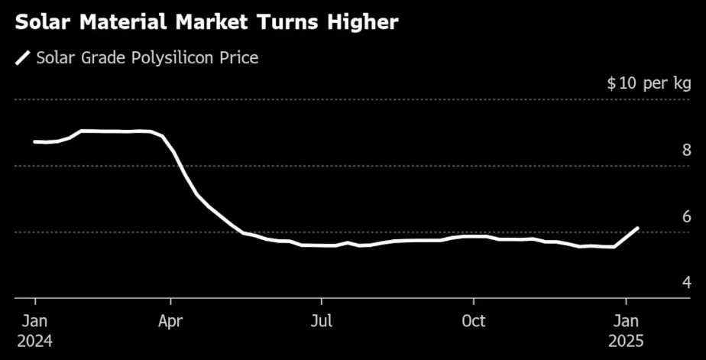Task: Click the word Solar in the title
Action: click(x=44, y=22)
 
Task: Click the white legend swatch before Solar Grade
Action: click(x=24, y=58)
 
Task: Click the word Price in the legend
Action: click(x=238, y=58)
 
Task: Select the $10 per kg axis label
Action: click(x=649, y=83)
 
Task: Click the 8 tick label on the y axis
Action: click(x=686, y=150)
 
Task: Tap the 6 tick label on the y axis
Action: click(x=686, y=216)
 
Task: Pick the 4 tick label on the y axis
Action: click(x=686, y=282)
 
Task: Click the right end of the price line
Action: click(x=637, y=229)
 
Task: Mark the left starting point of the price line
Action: click(x=34, y=141)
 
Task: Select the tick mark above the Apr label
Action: click(x=171, y=300)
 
